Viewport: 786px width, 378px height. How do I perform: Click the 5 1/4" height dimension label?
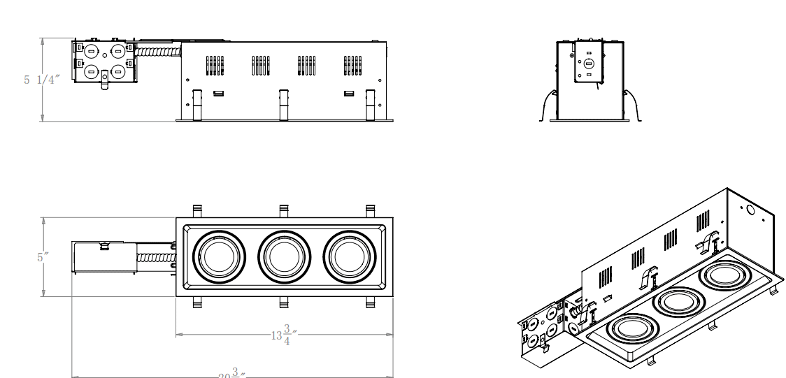click(x=41, y=80)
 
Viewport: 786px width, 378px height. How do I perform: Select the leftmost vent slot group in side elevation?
click(x=213, y=65)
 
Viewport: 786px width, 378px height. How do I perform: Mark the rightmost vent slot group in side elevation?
click(x=352, y=65)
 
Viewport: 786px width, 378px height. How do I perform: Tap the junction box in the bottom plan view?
click(x=103, y=257)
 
